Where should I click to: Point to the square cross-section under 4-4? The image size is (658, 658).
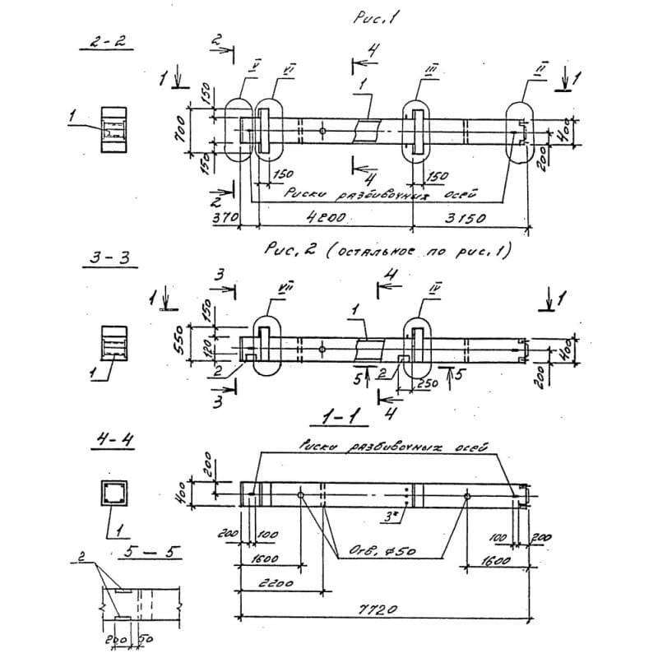(x=113, y=493)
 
